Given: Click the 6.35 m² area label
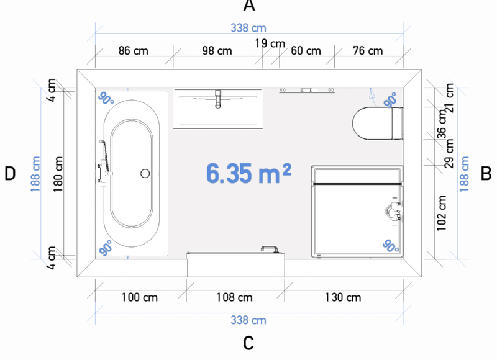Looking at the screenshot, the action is [x=248, y=173].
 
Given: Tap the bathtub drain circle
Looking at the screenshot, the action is [x=145, y=173].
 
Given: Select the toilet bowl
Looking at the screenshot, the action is [x=372, y=123].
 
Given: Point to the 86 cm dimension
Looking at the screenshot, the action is [x=133, y=51].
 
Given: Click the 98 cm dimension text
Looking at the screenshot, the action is [x=217, y=51].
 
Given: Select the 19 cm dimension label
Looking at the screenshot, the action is [x=270, y=43].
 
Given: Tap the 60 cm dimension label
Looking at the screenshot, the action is [x=306, y=51].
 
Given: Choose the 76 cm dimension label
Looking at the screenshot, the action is [x=368, y=51].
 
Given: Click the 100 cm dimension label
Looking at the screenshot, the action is [x=139, y=297].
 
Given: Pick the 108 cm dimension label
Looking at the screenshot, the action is [x=235, y=297].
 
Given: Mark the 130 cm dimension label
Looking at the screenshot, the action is [x=343, y=297].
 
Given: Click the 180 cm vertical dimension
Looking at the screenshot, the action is [x=58, y=174].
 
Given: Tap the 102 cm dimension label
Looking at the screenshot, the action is [x=441, y=213].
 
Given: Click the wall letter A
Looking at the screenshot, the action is [x=249, y=6].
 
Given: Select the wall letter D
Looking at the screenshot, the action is [x=10, y=174].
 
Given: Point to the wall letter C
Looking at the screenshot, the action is [x=248, y=343].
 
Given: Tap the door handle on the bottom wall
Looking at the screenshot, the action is [x=270, y=249].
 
